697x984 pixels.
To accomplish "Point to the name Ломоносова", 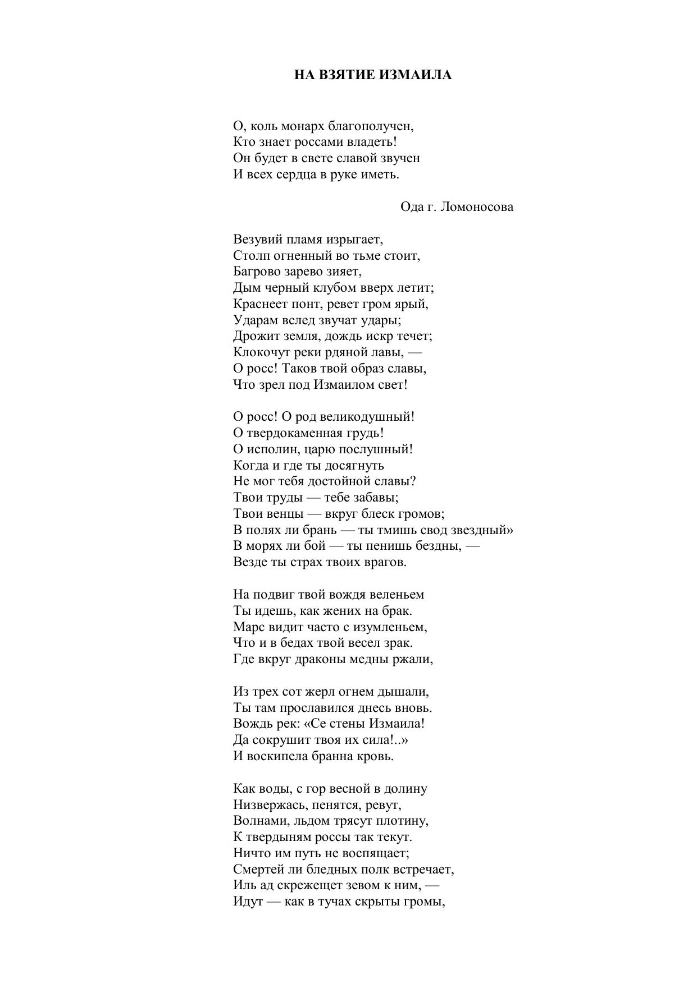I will pyautogui.click(x=477, y=207).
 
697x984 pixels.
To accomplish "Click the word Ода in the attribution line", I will pyautogui.click(x=412, y=207).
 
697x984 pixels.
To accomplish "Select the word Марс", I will pyautogui.click(x=248, y=627).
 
